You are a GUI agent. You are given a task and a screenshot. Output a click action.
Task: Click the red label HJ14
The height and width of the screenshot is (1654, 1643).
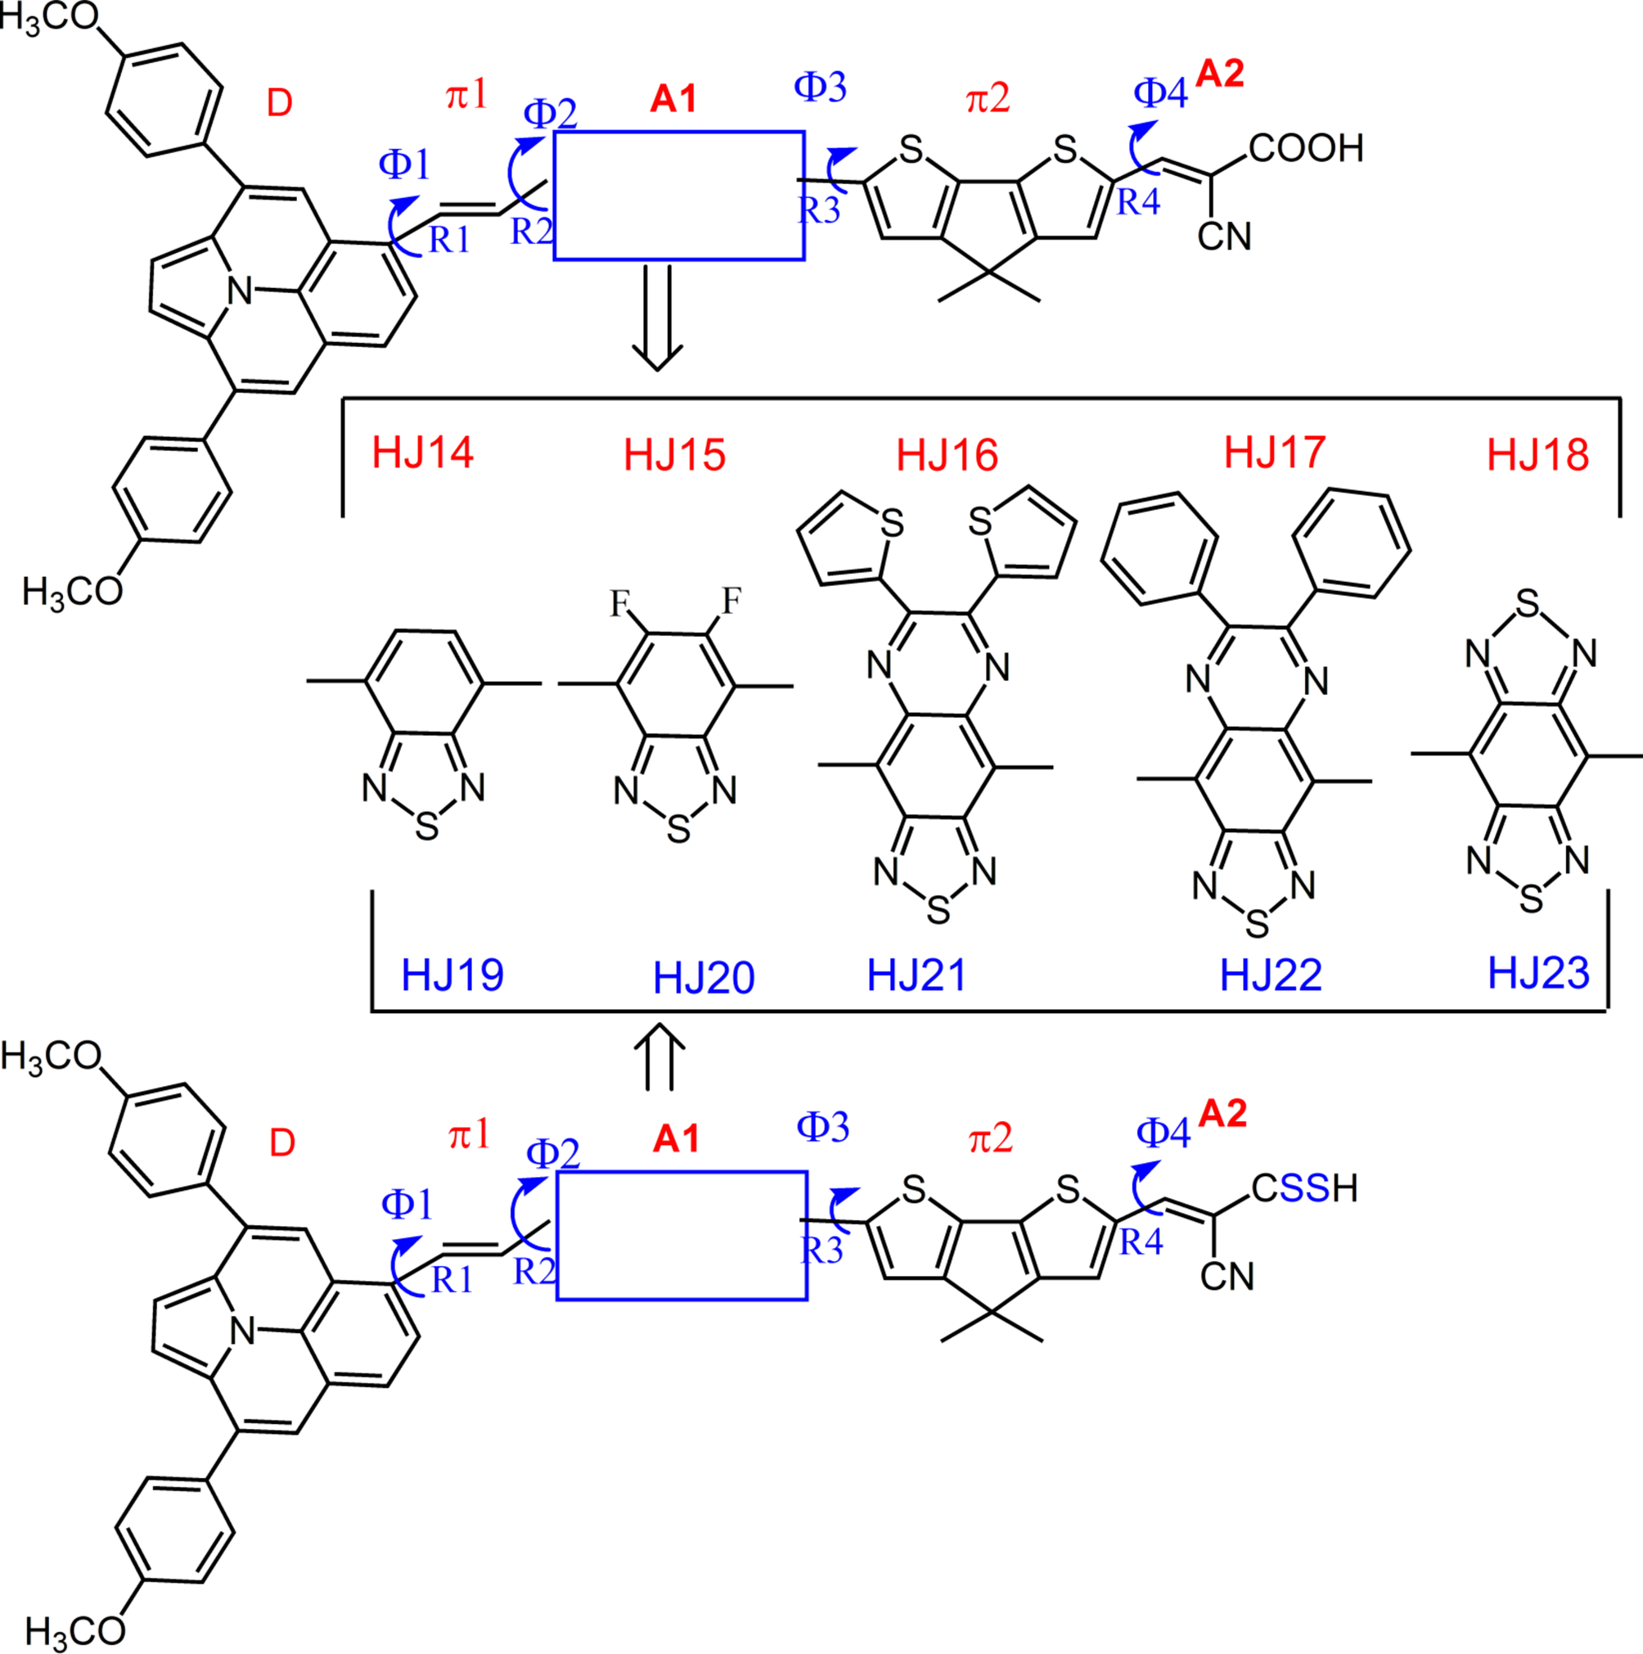[x=423, y=453]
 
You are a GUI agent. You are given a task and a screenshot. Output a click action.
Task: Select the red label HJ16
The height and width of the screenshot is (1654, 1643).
[x=947, y=456]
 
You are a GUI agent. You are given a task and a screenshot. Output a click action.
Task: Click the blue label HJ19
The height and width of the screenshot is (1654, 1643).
[x=452, y=975]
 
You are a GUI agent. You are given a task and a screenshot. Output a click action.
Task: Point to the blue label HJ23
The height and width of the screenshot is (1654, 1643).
[x=1538, y=973]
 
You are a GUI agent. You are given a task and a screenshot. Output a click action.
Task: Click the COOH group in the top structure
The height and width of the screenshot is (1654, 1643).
[x=1306, y=149]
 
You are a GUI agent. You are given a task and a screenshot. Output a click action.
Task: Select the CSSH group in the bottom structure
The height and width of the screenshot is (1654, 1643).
[x=1304, y=1188]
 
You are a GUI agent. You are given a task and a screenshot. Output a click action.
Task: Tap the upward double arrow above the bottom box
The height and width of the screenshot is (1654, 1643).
[x=659, y=1057]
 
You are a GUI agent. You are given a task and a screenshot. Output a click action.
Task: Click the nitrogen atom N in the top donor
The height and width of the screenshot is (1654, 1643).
[x=241, y=291]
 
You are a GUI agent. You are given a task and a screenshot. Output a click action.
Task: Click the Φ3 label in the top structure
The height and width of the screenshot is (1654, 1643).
[x=820, y=88]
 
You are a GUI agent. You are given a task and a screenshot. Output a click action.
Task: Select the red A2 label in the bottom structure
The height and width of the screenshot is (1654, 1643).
[x=1222, y=1114]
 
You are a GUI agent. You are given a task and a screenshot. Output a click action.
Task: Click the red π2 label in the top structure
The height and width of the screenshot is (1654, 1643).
[x=988, y=99]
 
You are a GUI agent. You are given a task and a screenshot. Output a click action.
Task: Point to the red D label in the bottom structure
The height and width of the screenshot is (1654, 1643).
[x=281, y=1142]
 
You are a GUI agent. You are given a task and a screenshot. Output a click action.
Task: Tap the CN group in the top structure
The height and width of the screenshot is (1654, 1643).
[x=1224, y=237]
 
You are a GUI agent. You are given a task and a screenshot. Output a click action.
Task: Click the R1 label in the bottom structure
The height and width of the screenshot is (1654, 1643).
[x=452, y=1280]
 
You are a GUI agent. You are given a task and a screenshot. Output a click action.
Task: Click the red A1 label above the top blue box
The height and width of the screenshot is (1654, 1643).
[x=673, y=100]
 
